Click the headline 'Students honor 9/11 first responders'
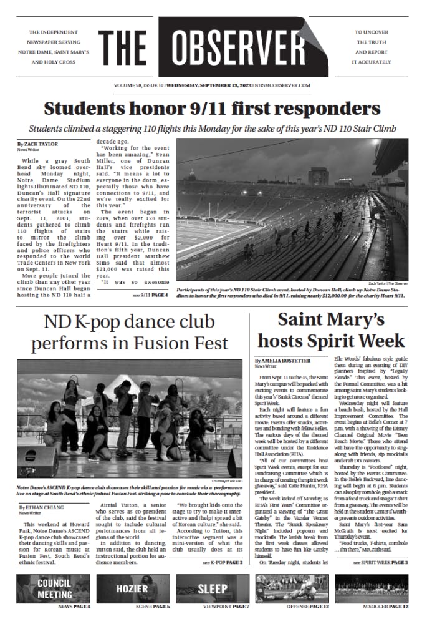[210, 108]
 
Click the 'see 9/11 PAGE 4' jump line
[150, 295]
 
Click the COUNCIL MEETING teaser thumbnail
[54, 588]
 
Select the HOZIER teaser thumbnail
[133, 588]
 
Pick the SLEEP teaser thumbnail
[213, 588]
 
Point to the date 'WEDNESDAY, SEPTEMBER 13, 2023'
[194, 85]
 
